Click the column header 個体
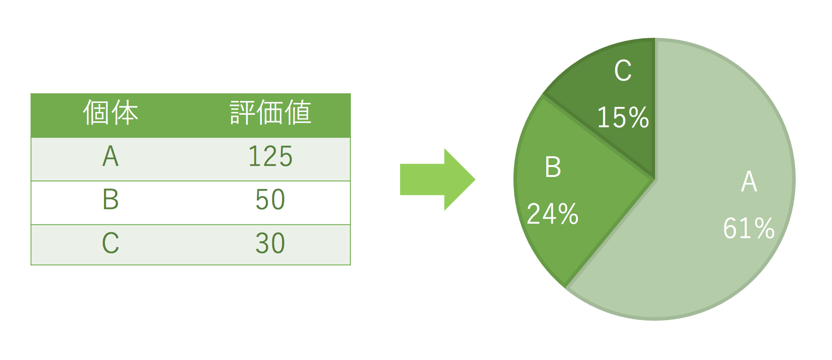point(110,112)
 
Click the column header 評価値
point(270,112)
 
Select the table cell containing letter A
point(110,157)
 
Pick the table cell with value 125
point(270,157)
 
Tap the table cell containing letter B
point(110,199)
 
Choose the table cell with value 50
point(270,200)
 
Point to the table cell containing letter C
point(110,243)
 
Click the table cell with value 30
point(270,243)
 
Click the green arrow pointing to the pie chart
point(437,180)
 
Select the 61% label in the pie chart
point(749,228)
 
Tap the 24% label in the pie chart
point(553,214)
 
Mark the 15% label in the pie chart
point(623,117)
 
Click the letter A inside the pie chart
point(749,181)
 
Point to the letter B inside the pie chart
point(553,167)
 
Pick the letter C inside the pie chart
point(623,71)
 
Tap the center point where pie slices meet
point(655,180)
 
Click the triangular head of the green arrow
point(458,180)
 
